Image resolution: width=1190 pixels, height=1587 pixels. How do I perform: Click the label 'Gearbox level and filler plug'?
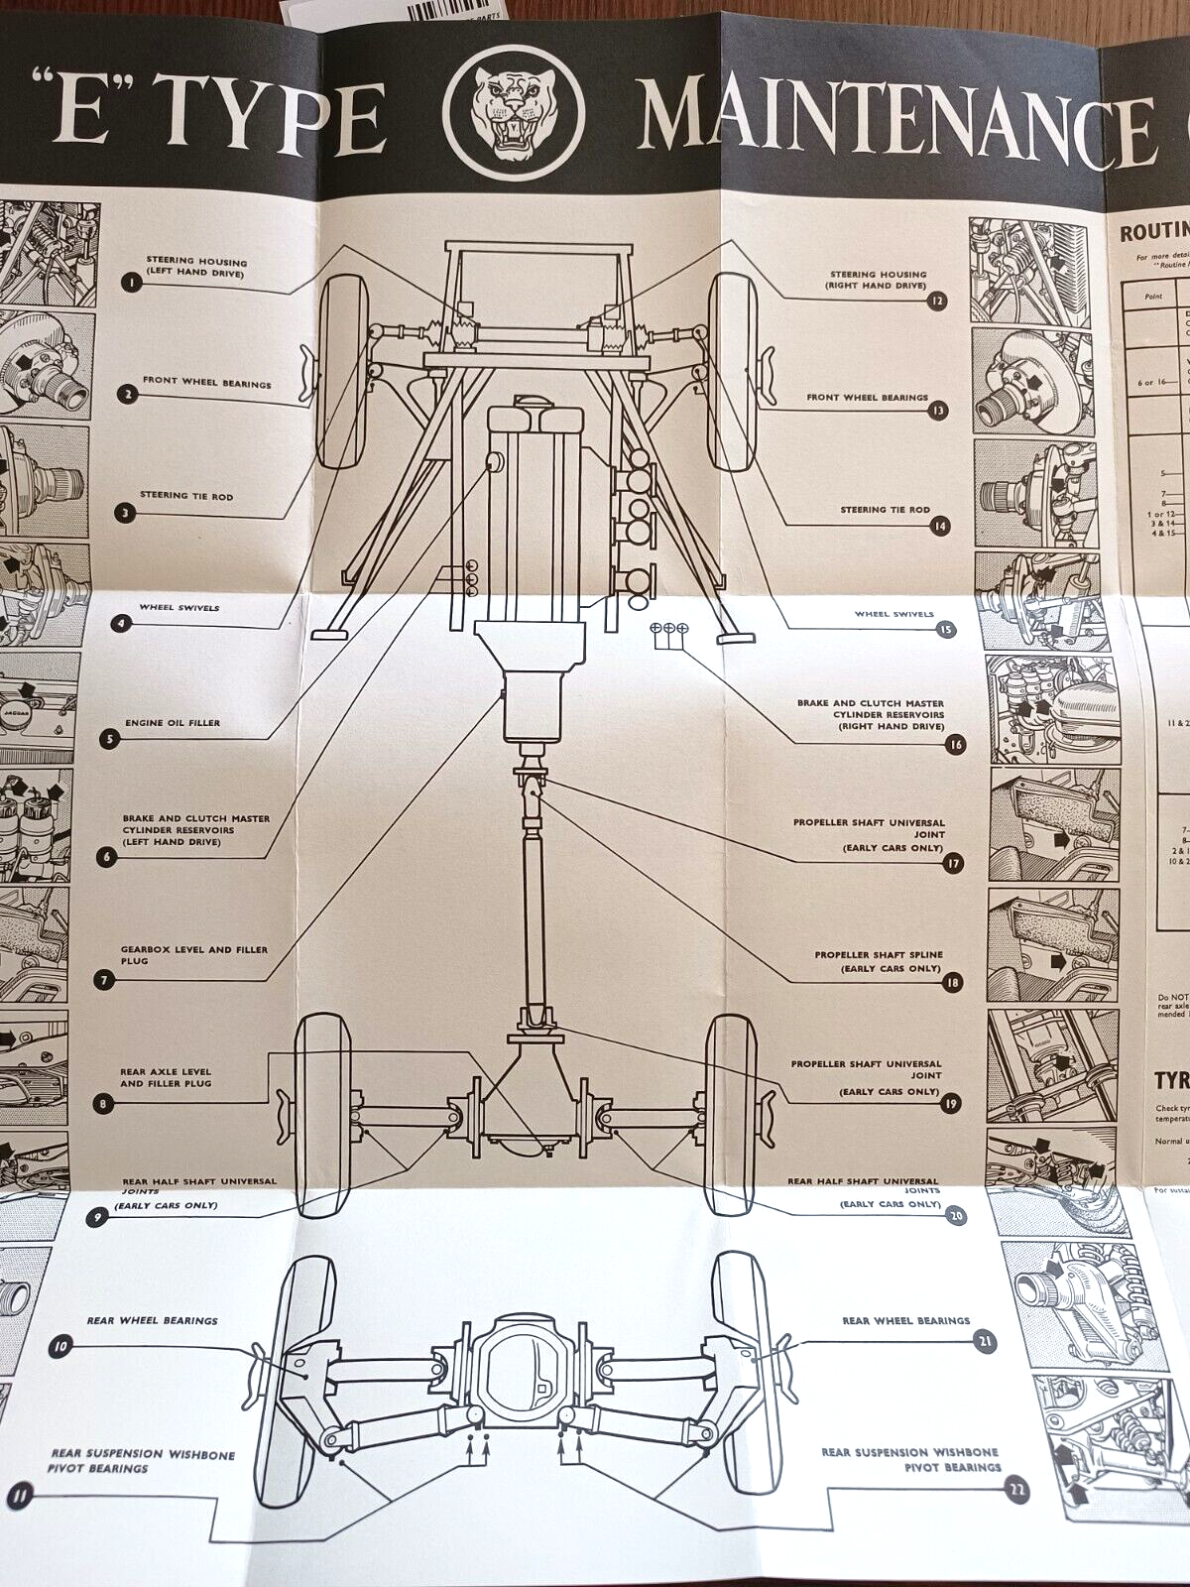coord(193,954)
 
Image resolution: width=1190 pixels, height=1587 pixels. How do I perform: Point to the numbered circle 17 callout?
coord(953,863)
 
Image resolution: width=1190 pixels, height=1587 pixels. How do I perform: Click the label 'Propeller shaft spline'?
coord(879,960)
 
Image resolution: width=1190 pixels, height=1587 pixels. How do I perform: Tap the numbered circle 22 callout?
coord(1015,1490)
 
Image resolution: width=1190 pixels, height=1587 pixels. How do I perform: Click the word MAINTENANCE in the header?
coord(892,117)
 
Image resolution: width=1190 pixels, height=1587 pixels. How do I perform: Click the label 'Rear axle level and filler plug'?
coord(166,1077)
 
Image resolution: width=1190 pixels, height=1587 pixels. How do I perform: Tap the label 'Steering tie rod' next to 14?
coord(885,510)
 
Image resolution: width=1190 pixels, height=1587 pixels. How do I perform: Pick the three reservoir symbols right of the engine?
coord(668,629)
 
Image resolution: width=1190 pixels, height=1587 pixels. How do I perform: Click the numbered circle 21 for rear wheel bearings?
coord(985,1343)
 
